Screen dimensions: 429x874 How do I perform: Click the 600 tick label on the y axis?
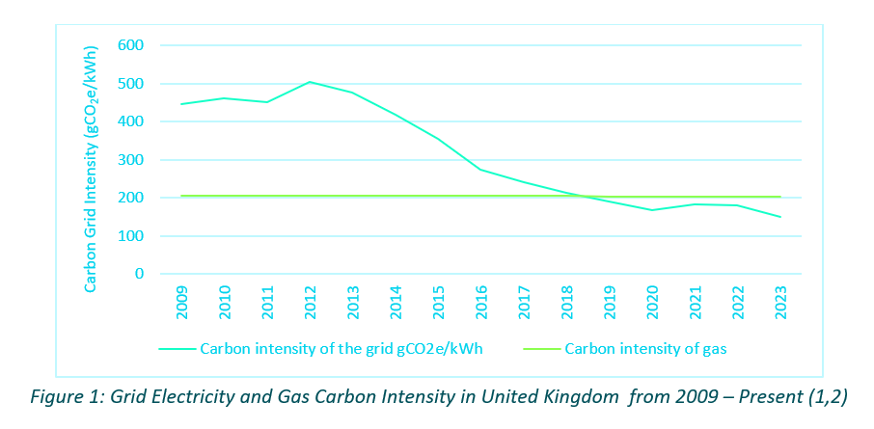(130, 45)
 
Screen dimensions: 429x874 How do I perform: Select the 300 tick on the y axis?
(130, 160)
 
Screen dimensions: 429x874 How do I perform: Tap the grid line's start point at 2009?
(181, 104)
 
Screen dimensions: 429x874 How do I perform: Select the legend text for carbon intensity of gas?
(645, 349)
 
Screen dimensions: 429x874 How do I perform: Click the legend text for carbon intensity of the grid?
(340, 349)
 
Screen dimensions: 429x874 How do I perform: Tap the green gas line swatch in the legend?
(539, 349)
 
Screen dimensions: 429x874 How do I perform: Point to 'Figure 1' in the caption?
(63, 397)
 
